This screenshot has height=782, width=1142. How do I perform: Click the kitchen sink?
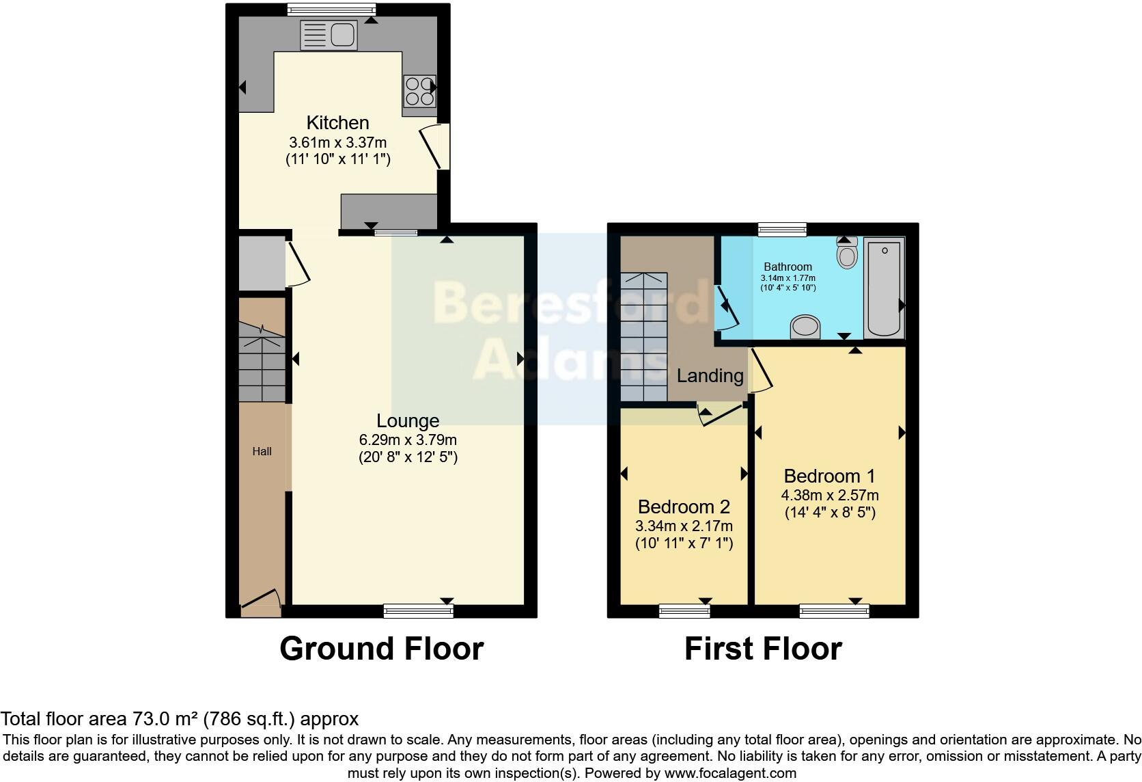pos(329,35)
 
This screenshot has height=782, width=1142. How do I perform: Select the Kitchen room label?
pos(337,123)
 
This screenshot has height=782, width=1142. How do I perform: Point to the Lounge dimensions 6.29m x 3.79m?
pos(408,440)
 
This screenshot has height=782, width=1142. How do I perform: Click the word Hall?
pos(262,451)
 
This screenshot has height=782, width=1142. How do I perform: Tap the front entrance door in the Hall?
pos(261,599)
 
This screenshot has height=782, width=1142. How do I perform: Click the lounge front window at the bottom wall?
pos(418,611)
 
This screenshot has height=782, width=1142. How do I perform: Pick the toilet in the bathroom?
pos(847,255)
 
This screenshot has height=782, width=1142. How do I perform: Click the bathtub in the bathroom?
pos(884,288)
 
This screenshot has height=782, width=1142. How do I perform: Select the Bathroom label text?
pos(788,267)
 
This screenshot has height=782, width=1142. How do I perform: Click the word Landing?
pos(710,375)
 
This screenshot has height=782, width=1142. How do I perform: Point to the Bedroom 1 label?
pos(829,476)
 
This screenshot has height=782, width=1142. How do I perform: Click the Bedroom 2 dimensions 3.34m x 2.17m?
pos(684,526)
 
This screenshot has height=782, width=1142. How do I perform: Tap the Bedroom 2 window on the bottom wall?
pos(684,611)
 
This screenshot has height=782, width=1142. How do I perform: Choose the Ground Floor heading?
pos(382,649)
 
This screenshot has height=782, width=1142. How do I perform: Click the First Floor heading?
pos(763,649)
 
